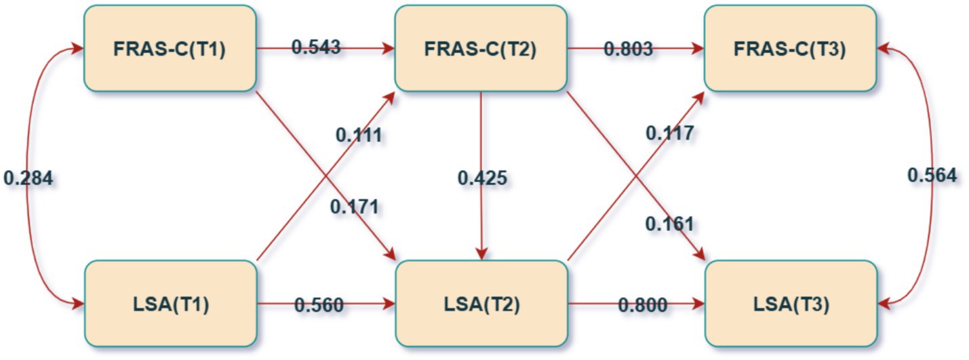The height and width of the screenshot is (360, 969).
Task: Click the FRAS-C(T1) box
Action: (x=170, y=48)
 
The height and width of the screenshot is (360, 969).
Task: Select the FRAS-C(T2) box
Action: (x=480, y=48)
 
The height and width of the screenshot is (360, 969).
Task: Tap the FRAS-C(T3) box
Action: (x=790, y=48)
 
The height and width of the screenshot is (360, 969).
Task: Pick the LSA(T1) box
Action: (x=170, y=304)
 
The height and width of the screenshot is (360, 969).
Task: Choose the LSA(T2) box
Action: (x=480, y=304)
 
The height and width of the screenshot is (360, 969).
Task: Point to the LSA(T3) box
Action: (x=790, y=304)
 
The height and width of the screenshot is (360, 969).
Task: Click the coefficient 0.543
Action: (x=316, y=47)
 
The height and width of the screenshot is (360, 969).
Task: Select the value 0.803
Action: (x=629, y=49)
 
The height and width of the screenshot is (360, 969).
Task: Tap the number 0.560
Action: (x=319, y=305)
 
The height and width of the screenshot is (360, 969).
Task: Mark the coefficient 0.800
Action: (x=642, y=305)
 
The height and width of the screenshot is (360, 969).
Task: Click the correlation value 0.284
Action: (x=28, y=178)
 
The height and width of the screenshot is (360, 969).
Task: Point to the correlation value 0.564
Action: (x=932, y=176)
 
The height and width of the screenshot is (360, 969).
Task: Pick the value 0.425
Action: (x=482, y=178)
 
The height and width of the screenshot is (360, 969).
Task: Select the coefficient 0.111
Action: (x=359, y=135)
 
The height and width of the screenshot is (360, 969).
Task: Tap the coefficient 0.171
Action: (x=354, y=206)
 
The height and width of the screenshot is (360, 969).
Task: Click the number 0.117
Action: (x=669, y=134)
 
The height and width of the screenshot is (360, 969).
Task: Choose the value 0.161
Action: (x=669, y=223)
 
